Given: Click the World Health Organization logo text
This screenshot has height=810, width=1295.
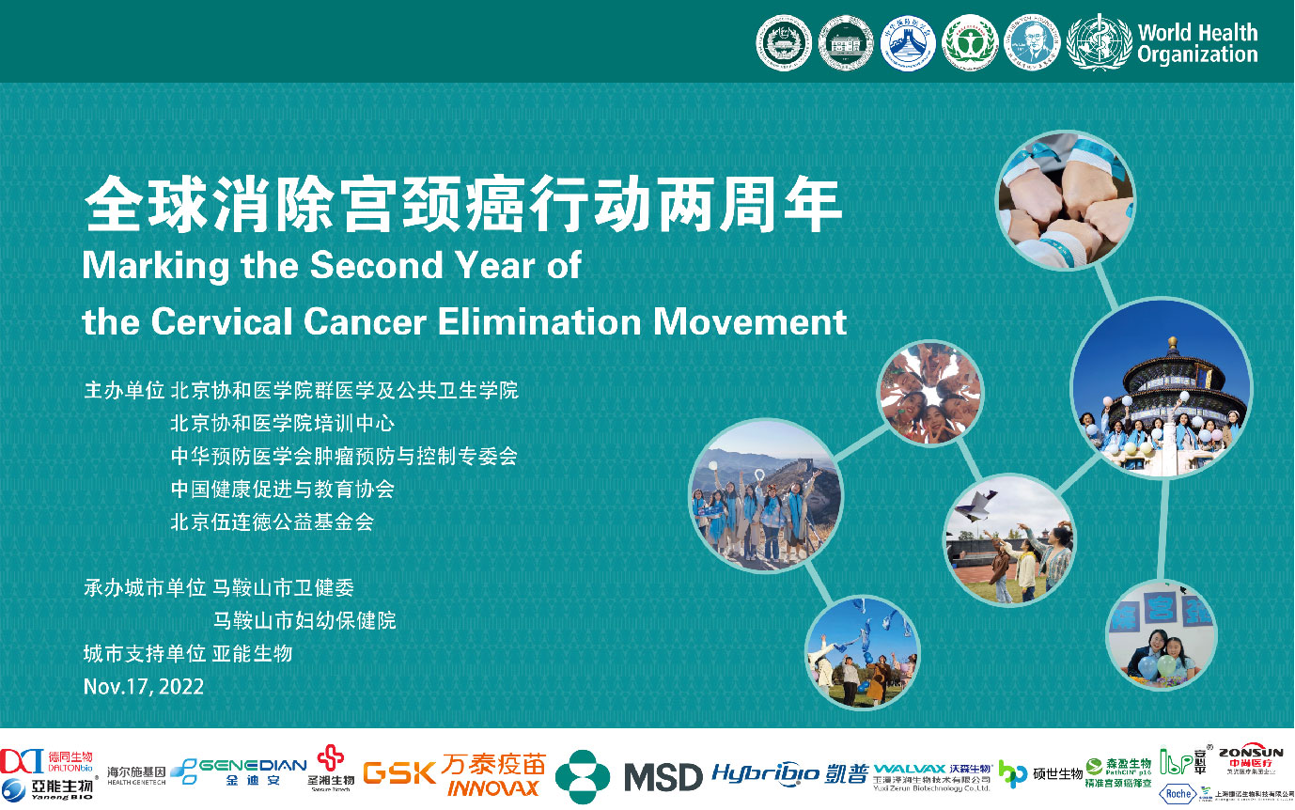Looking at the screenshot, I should click(1196, 43).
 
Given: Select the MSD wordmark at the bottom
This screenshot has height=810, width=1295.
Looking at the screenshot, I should click(663, 777).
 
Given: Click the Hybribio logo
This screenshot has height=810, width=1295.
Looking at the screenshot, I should click(765, 773).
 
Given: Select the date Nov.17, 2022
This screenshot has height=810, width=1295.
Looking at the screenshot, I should click(143, 686).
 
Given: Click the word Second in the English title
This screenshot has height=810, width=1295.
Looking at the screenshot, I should click(370, 266).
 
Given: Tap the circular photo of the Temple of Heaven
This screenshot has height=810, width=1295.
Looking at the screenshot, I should click(1161, 391).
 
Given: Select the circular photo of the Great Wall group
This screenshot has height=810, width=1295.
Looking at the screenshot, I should click(766, 495).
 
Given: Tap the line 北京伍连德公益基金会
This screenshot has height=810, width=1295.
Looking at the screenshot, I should click(272, 522).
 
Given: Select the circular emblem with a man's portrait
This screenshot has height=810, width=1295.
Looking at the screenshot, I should click(1033, 42).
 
